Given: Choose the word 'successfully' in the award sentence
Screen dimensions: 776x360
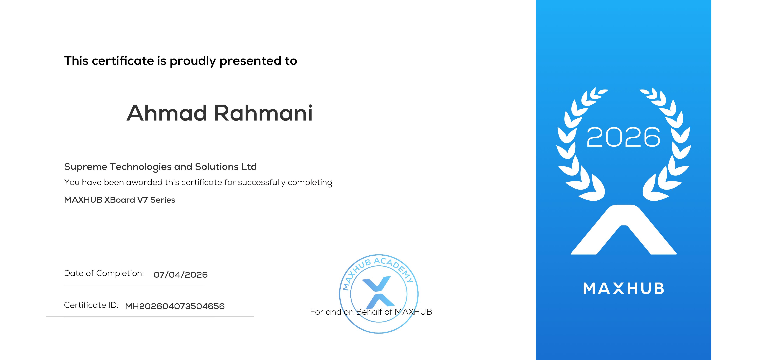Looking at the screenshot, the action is pos(261,183).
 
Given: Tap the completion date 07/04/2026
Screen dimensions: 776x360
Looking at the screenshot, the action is pos(180,275).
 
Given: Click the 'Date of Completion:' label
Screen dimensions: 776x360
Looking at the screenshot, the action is pos(104,273).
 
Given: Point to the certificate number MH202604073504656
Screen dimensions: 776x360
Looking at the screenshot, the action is pos(175,306).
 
